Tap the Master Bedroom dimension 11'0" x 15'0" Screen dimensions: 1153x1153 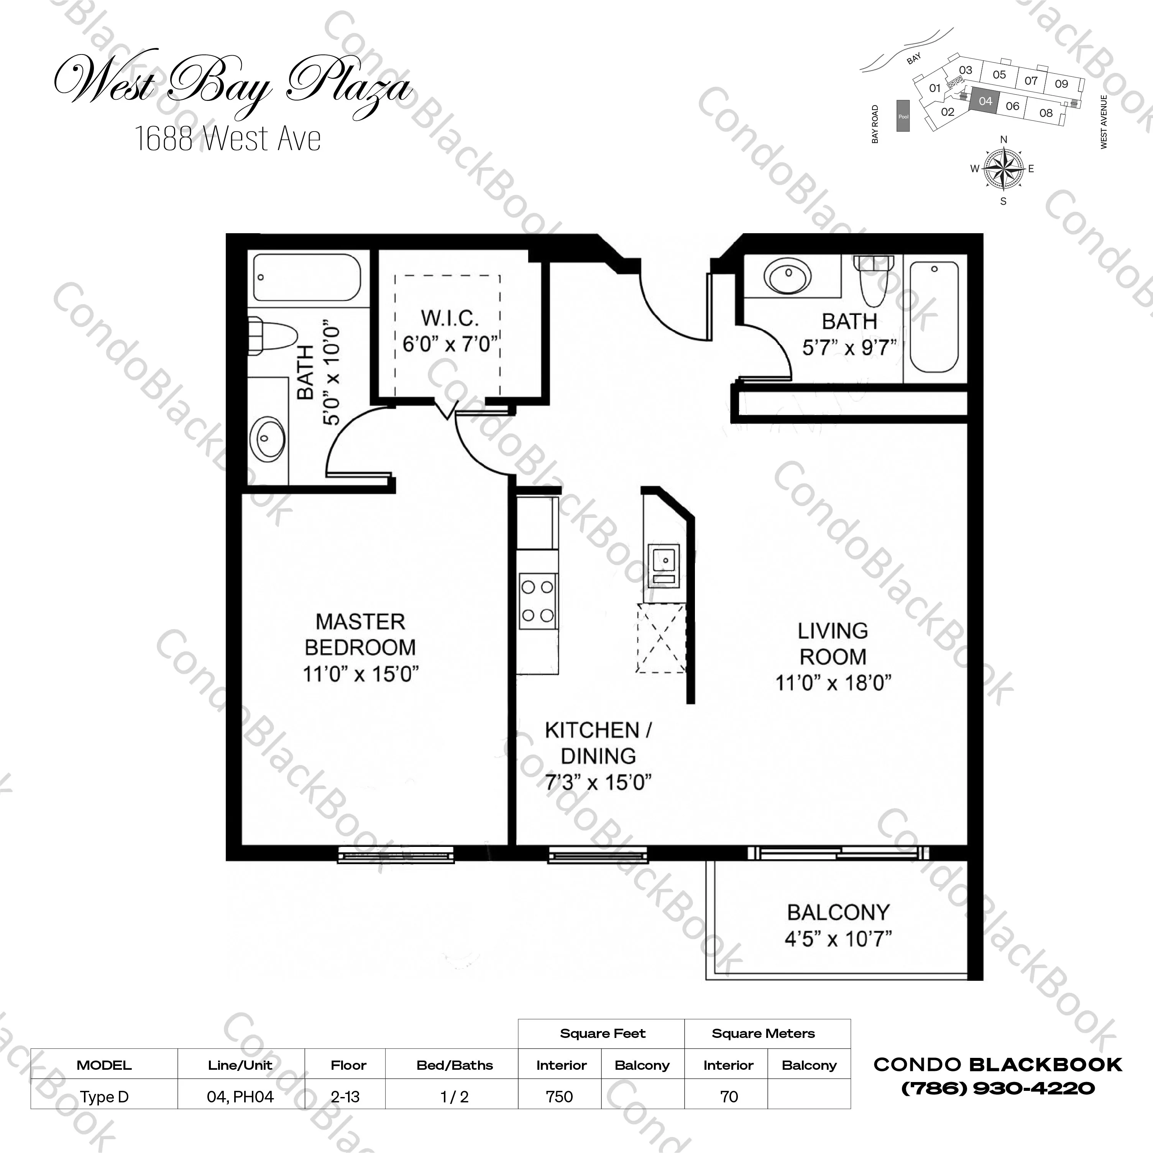pyautogui.click(x=360, y=674)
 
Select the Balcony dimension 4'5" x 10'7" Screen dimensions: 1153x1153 pyautogui.click(x=838, y=939)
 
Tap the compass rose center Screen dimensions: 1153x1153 pyautogui.click(x=1003, y=169)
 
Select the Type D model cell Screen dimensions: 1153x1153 pyautogui.click(x=104, y=1097)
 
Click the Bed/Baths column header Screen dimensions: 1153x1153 pyautogui.click(x=455, y=1065)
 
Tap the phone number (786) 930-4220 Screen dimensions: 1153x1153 pyautogui.click(x=998, y=1089)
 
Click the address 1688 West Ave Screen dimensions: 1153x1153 pyautogui.click(x=228, y=138)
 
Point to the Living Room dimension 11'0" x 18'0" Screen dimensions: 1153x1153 pyautogui.click(x=833, y=682)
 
